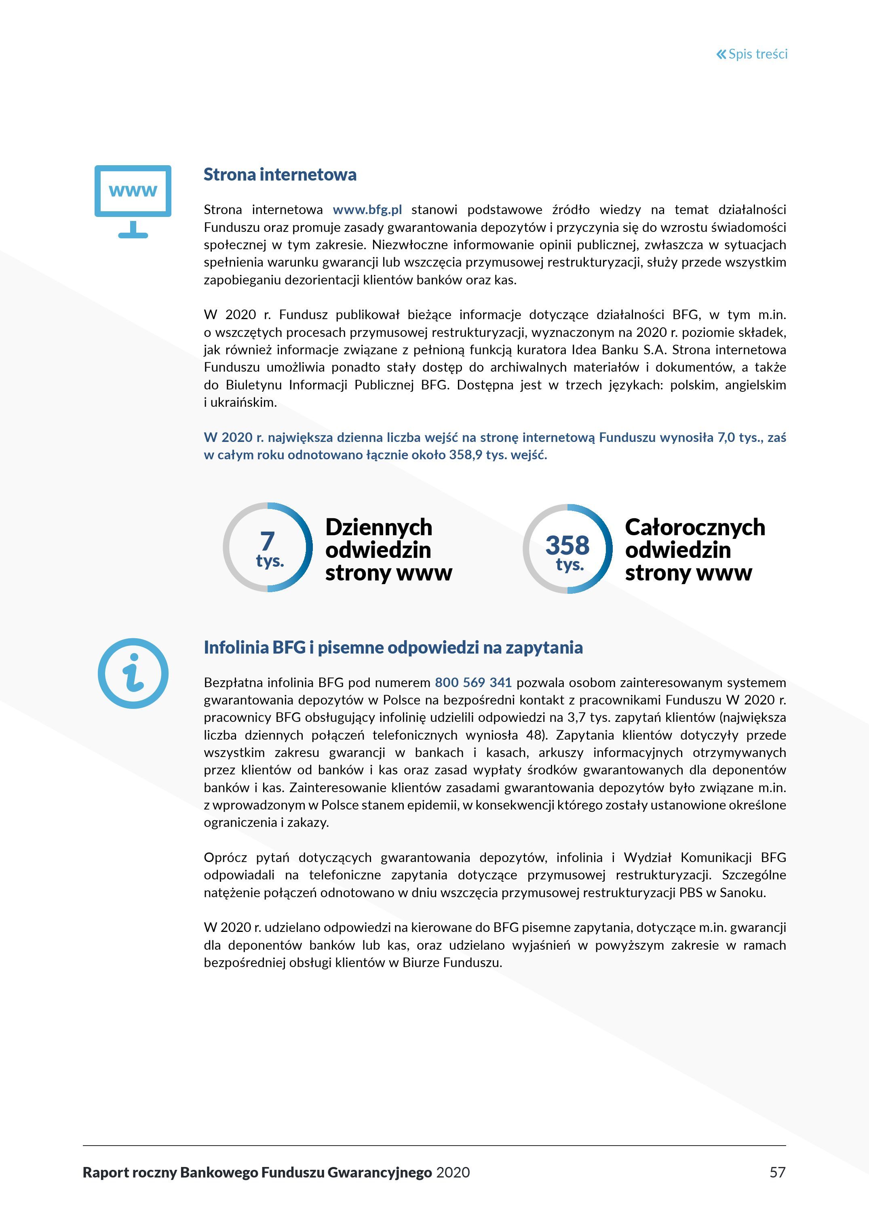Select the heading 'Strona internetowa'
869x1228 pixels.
tap(280, 175)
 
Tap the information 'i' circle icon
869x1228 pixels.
tap(133, 673)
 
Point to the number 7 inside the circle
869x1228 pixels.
tap(267, 541)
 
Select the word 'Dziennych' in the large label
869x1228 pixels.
tap(378, 528)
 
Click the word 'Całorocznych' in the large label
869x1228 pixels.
tap(694, 528)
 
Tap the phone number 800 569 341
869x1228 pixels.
tap(473, 682)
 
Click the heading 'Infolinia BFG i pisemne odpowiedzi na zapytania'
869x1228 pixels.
tap(393, 648)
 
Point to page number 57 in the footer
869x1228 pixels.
tap(777, 1172)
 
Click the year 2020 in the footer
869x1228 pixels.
tap(453, 1172)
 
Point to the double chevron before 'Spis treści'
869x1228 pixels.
tap(721, 54)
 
